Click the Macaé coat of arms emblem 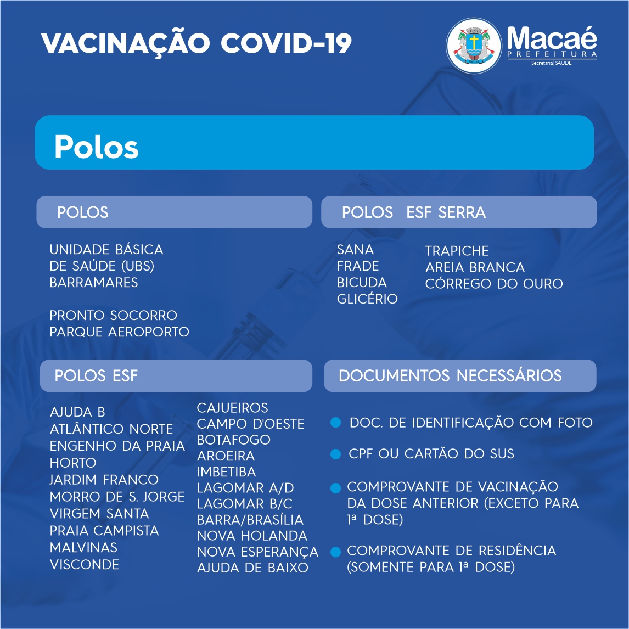(x=474, y=46)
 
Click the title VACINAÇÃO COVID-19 (x=196, y=43)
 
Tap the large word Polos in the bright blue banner (x=96, y=147)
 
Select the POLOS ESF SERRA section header (x=414, y=212)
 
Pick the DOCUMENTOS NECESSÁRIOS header (x=450, y=375)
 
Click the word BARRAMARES (x=93, y=283)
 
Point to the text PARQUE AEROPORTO (x=119, y=332)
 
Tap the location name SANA (x=356, y=250)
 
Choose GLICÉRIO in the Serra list (x=367, y=299)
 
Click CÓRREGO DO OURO (x=494, y=284)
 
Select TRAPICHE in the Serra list (x=457, y=251)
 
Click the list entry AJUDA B (x=77, y=412)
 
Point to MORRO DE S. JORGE (x=117, y=497)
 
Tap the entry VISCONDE (x=84, y=564)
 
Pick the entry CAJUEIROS (x=232, y=408)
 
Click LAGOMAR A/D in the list (x=245, y=488)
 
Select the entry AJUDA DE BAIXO (x=252, y=568)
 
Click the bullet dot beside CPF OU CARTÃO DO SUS (x=335, y=454)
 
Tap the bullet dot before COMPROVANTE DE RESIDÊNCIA (x=335, y=552)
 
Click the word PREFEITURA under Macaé (x=552, y=54)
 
